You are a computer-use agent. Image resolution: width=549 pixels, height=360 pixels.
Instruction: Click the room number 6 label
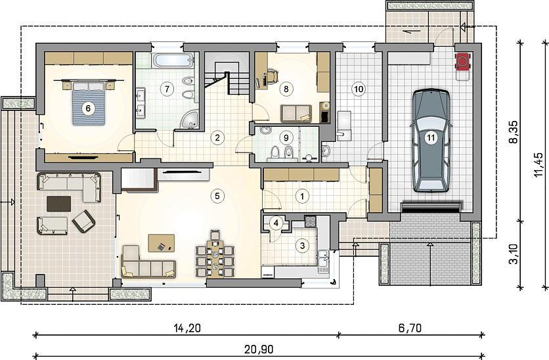coord(88,108)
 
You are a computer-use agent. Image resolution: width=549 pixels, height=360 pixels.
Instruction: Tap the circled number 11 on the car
coord(431,137)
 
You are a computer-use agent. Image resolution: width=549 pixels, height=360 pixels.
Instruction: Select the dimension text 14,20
coord(187,328)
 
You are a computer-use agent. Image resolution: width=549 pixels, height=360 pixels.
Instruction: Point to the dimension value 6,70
coord(410,328)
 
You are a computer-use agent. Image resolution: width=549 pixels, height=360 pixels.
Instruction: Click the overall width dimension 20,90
coord(259,349)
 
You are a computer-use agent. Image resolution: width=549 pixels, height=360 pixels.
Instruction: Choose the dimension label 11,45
coord(538,165)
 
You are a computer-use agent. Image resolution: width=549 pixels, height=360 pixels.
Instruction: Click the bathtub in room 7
coord(173,60)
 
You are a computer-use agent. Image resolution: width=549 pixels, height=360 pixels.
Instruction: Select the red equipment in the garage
coord(463,62)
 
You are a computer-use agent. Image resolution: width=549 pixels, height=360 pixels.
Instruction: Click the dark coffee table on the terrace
coord(59,204)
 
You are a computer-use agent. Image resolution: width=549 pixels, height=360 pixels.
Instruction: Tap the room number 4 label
coord(276,223)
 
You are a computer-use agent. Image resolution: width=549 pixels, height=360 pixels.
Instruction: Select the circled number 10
coord(359,89)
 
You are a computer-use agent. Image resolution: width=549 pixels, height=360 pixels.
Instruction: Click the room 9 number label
coord(286,137)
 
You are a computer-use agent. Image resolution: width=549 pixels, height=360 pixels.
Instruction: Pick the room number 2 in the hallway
coord(217,137)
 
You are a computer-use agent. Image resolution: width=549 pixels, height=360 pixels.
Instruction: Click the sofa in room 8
coord(296,114)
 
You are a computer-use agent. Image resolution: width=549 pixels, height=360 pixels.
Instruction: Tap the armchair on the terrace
coord(83,221)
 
